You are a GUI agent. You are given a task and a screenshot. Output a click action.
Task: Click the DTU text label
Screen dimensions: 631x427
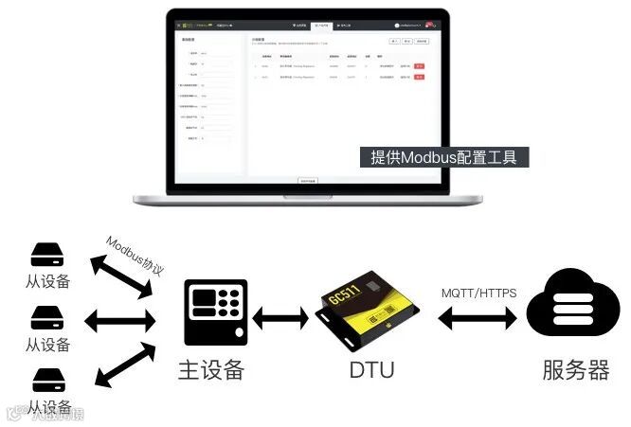(370, 369)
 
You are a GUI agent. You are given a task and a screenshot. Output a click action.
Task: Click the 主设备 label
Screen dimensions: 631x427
(211, 369)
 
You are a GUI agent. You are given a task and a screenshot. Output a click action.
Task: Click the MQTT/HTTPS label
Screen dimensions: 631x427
(478, 293)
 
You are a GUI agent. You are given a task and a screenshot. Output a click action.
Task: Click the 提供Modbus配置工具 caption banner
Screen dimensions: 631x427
(443, 158)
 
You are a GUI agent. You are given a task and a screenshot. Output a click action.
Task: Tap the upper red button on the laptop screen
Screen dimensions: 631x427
(419, 66)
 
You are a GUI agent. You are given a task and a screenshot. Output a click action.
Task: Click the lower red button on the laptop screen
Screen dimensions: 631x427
(419, 79)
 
